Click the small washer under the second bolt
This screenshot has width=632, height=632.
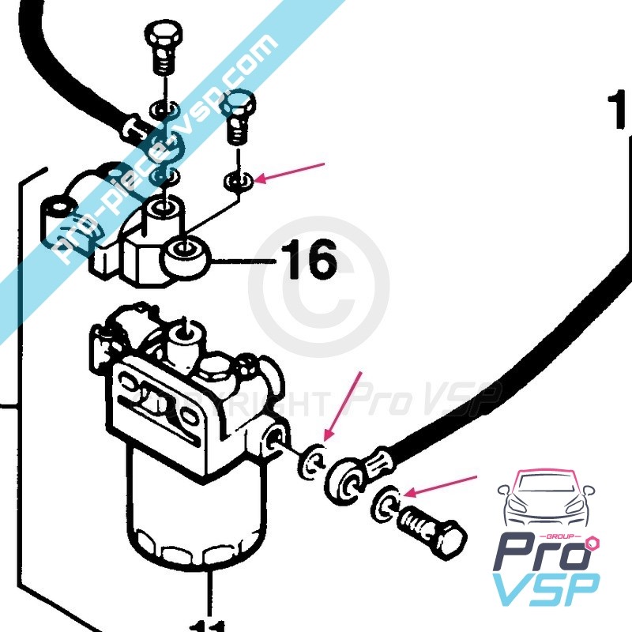pyautogui.click(x=238, y=181)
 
